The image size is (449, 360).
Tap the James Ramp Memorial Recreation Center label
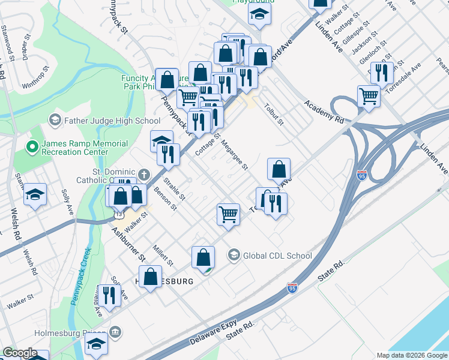click(85, 148)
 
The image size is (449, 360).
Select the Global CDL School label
click(277, 256)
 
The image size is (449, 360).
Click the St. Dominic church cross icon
click(143, 175)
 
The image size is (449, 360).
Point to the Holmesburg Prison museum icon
click(116, 331)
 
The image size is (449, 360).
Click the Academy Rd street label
click(324, 112)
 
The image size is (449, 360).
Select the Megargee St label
click(234, 155)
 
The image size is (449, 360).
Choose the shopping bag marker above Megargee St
click(279, 169)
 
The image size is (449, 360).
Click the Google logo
click(20, 353)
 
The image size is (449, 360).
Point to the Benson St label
click(166, 200)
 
